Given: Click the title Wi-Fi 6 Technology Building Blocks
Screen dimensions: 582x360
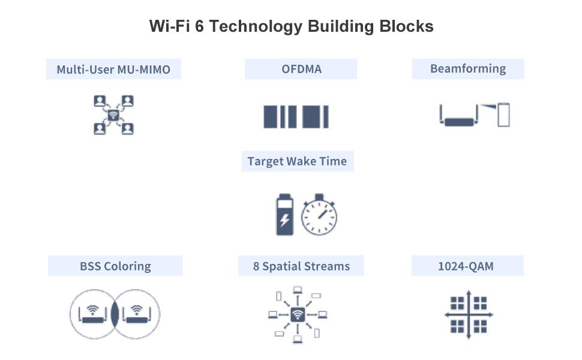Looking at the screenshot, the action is click(291, 26).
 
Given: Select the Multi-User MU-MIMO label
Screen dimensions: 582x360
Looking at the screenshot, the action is click(113, 69).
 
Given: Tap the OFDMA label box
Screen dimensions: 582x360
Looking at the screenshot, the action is click(301, 69).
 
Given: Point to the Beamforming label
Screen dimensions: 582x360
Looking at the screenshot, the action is click(468, 68).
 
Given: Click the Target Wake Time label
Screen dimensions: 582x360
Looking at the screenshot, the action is click(297, 161).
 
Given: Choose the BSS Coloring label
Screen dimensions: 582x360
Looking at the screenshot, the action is click(115, 266).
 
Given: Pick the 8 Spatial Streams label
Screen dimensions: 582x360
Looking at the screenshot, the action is click(301, 266).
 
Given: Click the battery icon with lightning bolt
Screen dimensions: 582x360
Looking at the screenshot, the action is click(284, 215).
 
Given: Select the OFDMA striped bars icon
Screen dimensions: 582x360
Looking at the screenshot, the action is click(296, 116).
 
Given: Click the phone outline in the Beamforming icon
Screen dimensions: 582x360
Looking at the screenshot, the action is click(503, 115).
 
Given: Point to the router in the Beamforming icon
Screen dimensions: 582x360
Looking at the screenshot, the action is click(459, 120).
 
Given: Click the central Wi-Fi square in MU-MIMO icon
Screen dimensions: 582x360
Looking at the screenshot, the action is click(113, 115).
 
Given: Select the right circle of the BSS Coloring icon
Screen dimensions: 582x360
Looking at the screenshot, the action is click(137, 314).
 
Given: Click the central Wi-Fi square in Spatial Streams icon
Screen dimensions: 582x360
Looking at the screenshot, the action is click(298, 314).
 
